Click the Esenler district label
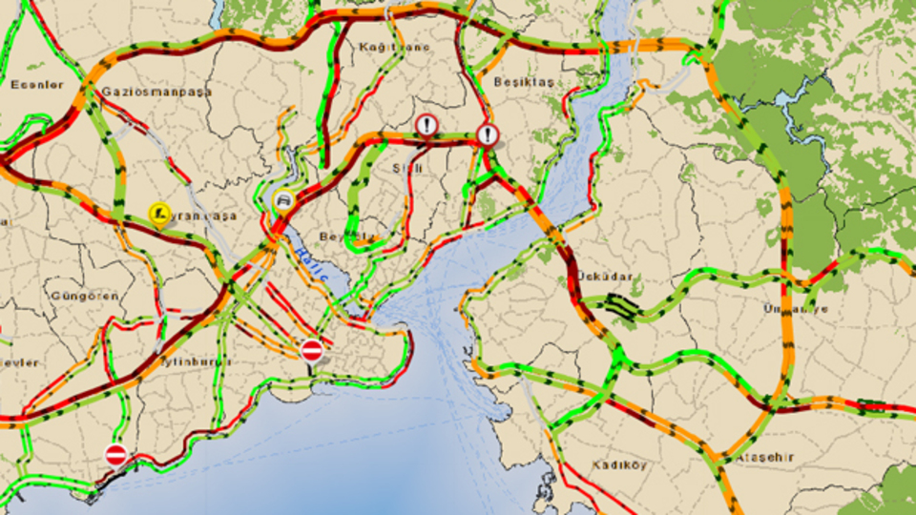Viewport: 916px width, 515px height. (x=36, y=85)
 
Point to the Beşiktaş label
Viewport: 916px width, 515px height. (x=524, y=83)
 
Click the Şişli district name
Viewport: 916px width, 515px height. (x=407, y=168)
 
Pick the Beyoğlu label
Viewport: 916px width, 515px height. (x=342, y=236)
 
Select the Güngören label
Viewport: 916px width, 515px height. (x=87, y=296)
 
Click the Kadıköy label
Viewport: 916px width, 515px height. (x=618, y=465)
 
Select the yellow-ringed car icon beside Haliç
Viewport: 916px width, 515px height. (x=283, y=200)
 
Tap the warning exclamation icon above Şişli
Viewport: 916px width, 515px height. (x=427, y=126)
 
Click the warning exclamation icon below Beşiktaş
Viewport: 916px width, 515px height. (x=488, y=134)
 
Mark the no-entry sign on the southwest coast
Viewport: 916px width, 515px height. (x=115, y=455)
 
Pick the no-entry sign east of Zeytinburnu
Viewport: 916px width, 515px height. (x=311, y=350)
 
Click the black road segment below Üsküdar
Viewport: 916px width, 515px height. (x=620, y=306)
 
